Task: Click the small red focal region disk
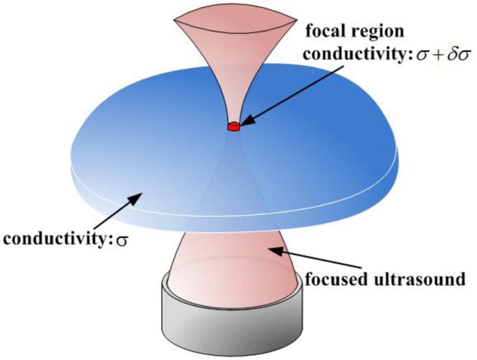[x=233, y=127]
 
